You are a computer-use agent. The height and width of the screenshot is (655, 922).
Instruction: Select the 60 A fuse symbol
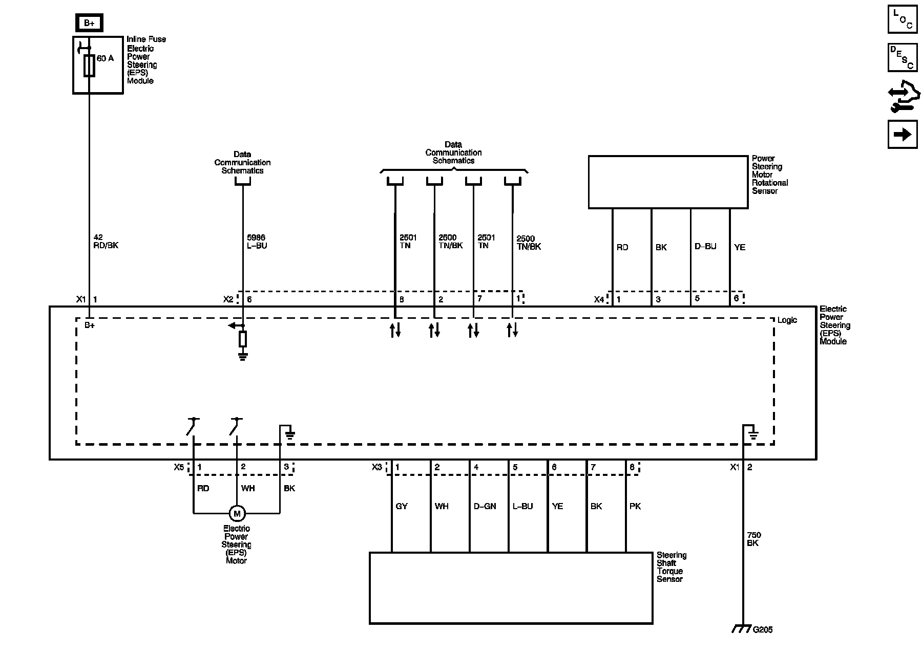point(89,66)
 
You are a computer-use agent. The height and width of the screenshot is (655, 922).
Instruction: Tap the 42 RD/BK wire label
point(106,242)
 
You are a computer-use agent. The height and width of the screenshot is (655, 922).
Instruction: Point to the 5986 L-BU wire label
point(257,242)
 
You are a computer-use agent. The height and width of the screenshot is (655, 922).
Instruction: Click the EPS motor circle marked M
point(237,513)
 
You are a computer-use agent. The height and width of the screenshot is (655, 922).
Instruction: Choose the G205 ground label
point(762,630)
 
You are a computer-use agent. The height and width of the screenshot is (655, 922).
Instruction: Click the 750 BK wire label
point(753,539)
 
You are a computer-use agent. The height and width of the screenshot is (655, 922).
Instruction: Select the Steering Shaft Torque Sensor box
point(511,588)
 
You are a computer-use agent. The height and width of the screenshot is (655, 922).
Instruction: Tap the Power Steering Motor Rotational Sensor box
point(668,182)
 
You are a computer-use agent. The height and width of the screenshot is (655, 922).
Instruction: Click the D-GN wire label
point(485,506)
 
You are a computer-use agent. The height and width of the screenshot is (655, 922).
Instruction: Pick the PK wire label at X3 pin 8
point(635,506)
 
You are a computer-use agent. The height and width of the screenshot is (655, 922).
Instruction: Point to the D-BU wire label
point(705,247)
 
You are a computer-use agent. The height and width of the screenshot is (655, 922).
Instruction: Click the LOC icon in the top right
point(903,19)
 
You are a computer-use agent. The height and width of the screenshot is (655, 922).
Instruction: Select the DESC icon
point(903,57)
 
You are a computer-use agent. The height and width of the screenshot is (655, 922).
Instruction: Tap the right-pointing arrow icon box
point(903,134)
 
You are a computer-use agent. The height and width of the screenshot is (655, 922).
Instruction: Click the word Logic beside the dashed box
point(787,320)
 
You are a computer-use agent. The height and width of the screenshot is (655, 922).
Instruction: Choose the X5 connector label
point(178,467)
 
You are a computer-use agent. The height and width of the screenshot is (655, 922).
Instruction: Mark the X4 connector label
point(599,299)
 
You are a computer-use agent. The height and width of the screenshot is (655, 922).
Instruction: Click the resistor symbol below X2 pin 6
point(243,339)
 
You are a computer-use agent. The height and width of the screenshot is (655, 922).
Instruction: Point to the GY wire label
point(402,506)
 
